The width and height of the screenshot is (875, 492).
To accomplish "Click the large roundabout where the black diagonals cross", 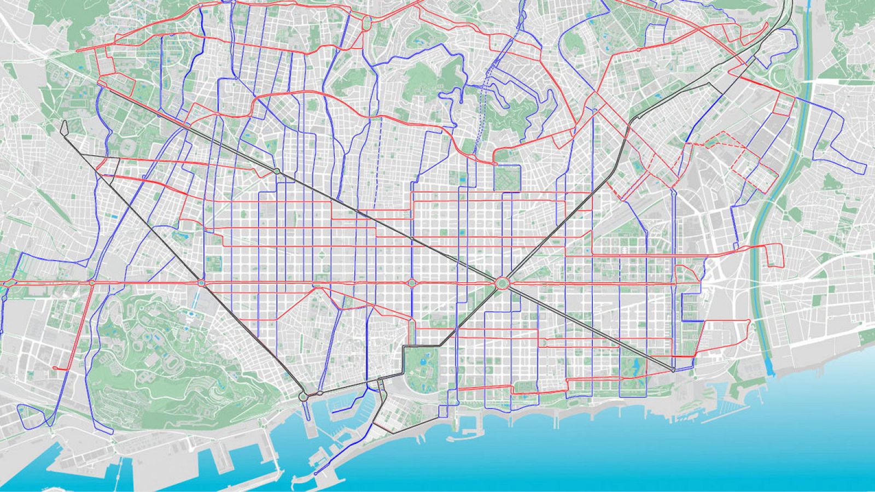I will point(502,284).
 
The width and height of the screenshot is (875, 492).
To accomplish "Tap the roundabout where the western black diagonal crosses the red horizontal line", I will point(201,283).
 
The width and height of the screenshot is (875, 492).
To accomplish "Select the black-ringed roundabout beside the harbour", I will point(303,396).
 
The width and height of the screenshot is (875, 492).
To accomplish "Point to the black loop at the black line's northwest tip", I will point(65,127).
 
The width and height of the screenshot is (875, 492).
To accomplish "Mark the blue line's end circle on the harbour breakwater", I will point(317,473).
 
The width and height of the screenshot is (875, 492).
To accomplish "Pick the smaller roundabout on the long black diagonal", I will point(277,172).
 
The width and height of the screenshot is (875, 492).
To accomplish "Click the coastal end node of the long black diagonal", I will point(673,371).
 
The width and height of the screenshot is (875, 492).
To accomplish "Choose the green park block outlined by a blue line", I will point(507,178).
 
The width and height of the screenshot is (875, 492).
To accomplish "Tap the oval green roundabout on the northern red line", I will point(366,23).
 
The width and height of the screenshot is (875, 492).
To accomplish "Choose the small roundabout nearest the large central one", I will point(411,283).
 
